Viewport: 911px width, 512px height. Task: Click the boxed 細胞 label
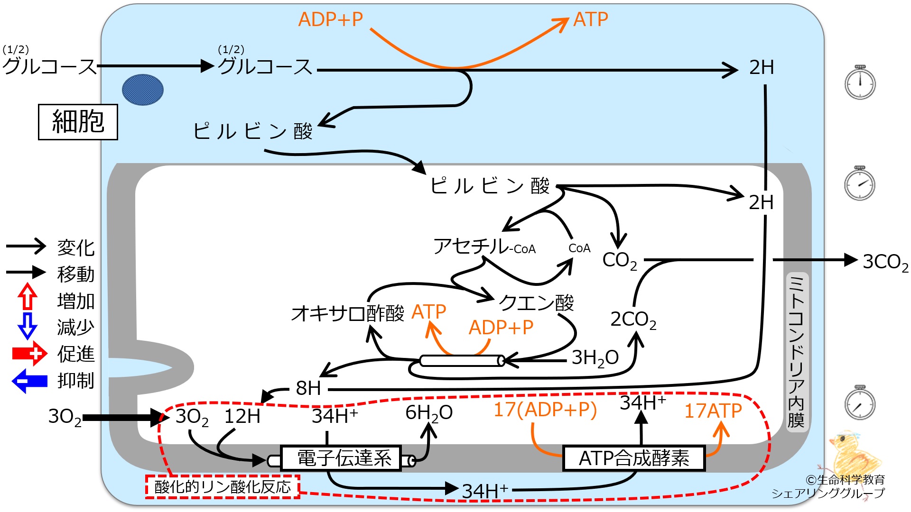(x=78, y=122)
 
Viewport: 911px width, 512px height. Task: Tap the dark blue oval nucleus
(x=143, y=90)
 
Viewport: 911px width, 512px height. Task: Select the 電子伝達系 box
(x=341, y=458)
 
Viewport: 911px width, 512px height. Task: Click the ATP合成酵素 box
(x=634, y=458)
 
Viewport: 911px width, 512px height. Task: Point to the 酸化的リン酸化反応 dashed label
(x=223, y=487)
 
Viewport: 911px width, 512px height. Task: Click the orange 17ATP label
(x=713, y=411)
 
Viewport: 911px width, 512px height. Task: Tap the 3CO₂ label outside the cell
(x=885, y=262)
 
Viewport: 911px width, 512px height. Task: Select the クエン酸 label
(x=536, y=302)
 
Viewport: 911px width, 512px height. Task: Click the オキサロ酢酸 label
(x=348, y=313)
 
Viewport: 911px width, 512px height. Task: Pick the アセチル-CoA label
(x=484, y=247)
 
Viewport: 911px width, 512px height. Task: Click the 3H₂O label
(x=595, y=358)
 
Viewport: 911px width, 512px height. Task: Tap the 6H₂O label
(x=429, y=413)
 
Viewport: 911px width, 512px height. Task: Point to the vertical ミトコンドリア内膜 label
(x=796, y=351)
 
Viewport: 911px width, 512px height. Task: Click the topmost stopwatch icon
(x=860, y=82)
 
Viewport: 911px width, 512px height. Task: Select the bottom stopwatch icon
(x=860, y=402)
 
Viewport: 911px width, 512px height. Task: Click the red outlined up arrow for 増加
(x=28, y=297)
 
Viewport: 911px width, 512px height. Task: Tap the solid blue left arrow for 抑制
(x=29, y=381)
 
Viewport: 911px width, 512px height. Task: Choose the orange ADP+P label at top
(x=331, y=19)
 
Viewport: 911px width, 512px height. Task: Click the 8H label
(x=308, y=388)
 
